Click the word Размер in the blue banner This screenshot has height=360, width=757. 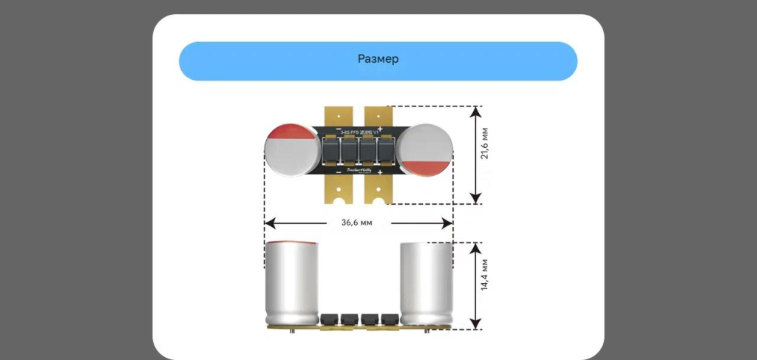coord(378,59)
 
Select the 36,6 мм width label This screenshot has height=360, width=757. coord(358,222)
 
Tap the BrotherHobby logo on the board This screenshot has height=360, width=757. coord(359,171)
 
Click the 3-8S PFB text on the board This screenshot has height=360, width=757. coord(347,130)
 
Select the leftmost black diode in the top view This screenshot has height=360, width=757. coord(330,151)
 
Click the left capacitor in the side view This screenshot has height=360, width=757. coord(293,281)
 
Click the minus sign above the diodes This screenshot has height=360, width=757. coord(339,130)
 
